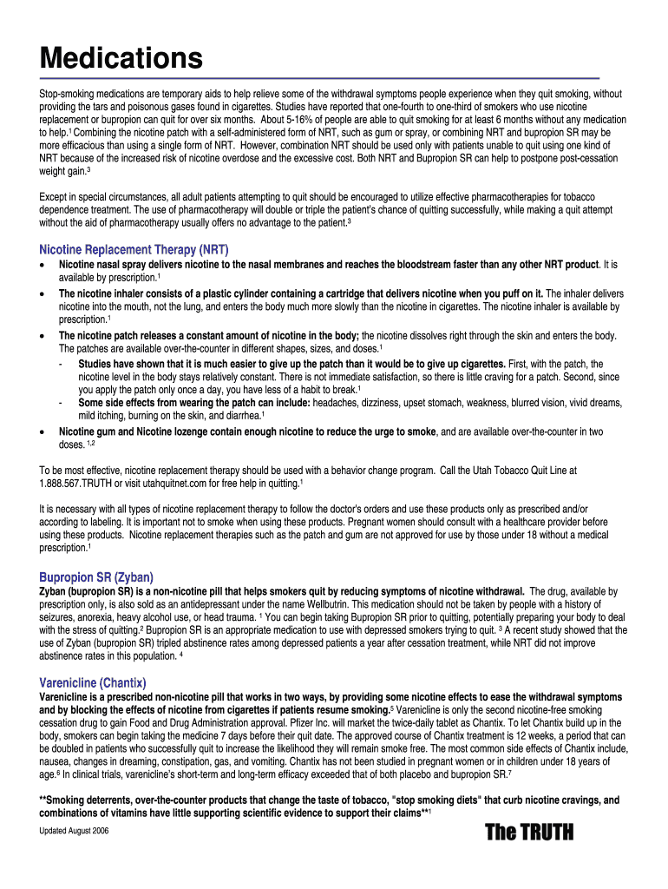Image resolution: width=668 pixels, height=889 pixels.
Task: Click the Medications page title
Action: [x=121, y=59]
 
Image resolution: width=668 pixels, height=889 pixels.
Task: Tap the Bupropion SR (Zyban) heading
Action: [x=96, y=576]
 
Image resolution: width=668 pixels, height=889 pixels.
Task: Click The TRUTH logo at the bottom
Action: [x=529, y=833]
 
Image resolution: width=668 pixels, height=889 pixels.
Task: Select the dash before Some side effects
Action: [x=59, y=402]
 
